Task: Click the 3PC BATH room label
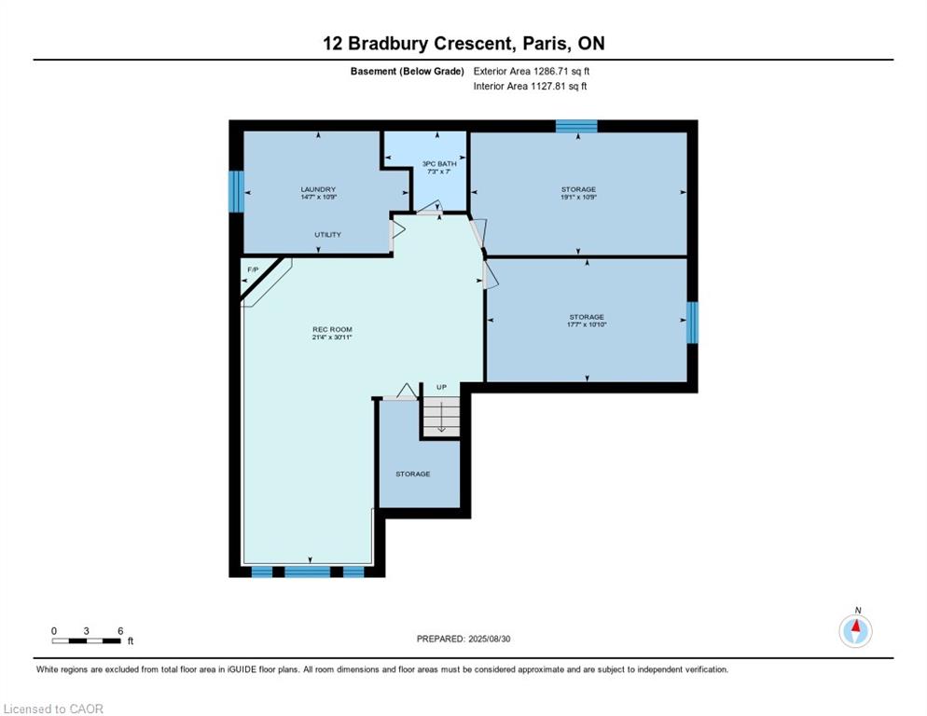click(x=439, y=164)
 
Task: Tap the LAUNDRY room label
click(x=318, y=189)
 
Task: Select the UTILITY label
click(x=327, y=235)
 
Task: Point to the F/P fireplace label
click(x=253, y=269)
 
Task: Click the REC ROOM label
click(x=332, y=329)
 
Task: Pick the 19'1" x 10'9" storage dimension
click(x=579, y=197)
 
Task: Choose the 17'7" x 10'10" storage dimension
click(x=587, y=324)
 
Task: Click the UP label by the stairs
click(x=442, y=387)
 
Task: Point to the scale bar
click(x=87, y=640)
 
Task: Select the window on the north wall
click(x=576, y=126)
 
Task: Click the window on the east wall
click(x=692, y=323)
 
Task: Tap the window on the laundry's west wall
click(x=236, y=191)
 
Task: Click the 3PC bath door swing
click(x=430, y=207)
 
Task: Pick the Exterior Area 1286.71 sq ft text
click(x=532, y=72)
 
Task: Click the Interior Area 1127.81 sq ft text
click(x=531, y=87)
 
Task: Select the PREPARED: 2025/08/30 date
click(x=463, y=640)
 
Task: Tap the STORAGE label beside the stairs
click(x=412, y=475)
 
